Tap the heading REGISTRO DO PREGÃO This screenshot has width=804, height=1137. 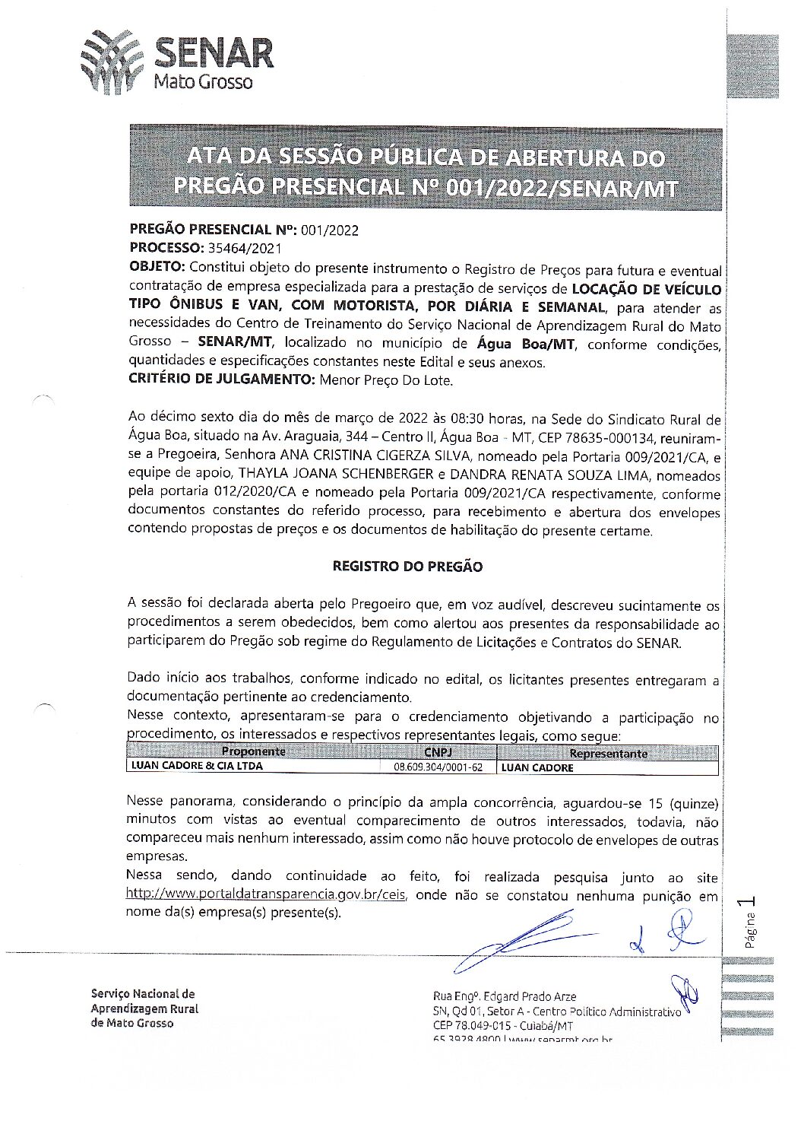pyautogui.click(x=407, y=567)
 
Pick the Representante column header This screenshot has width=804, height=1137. pyautogui.click(x=608, y=754)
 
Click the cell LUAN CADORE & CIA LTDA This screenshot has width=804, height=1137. pyautogui.click(x=197, y=767)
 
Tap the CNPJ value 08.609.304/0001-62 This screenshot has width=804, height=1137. pyautogui.click(x=438, y=767)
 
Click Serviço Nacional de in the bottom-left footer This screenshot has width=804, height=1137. pyautogui.click(x=143, y=994)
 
